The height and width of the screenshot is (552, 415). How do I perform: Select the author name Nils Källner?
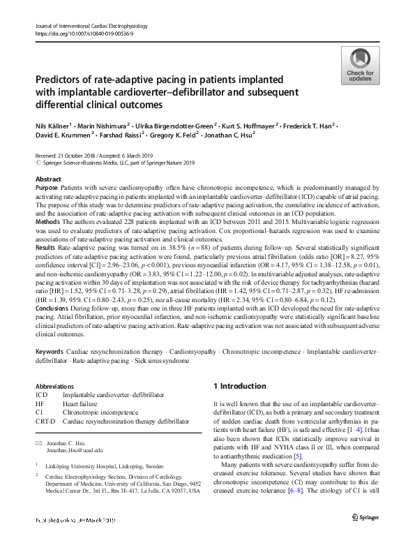tap(55, 126)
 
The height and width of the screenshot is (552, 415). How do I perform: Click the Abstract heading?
tap(47, 179)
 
